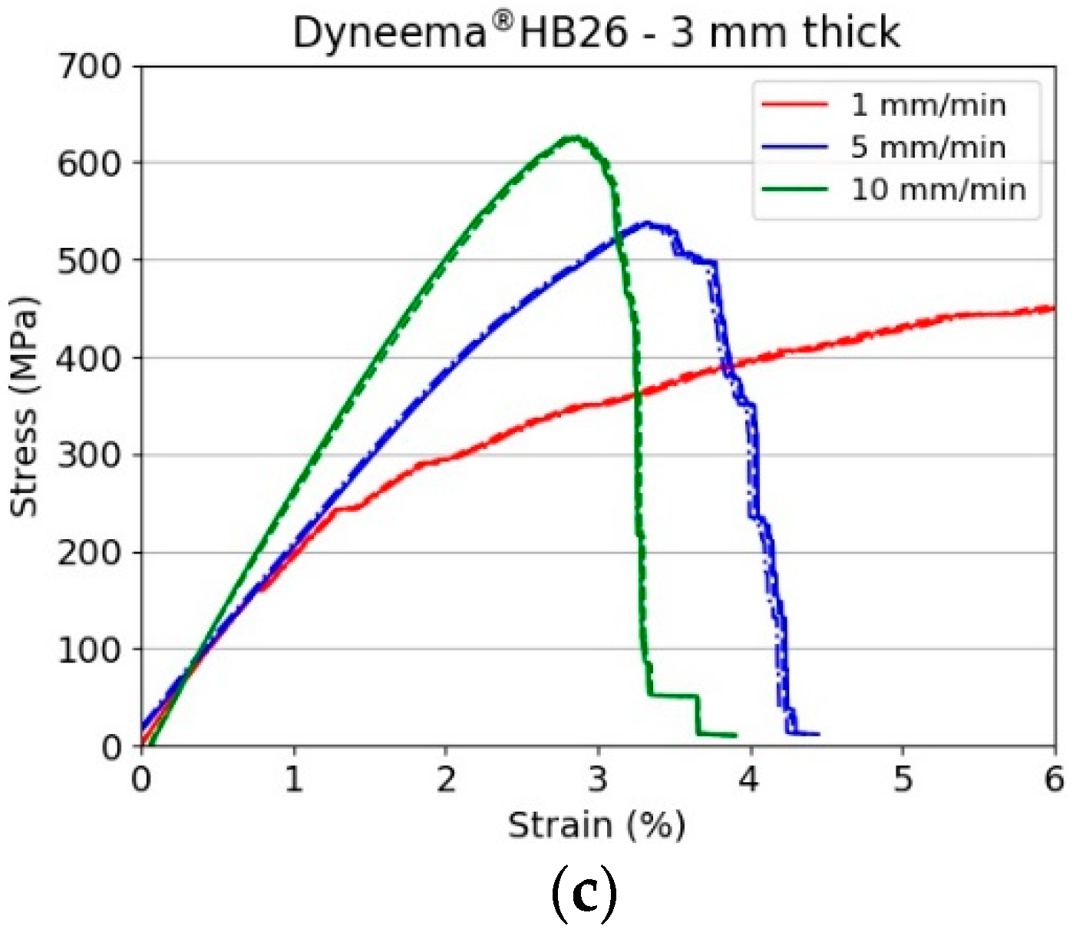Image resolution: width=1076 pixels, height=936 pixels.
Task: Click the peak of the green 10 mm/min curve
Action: [574, 138]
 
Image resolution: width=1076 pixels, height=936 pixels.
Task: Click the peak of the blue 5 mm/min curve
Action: [647, 223]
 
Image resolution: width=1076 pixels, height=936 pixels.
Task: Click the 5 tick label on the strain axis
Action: [903, 779]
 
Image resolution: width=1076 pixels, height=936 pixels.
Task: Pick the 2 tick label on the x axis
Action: [446, 779]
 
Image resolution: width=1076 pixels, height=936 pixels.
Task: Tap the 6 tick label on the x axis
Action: [1054, 779]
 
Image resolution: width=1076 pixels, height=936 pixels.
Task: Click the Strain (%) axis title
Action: [596, 826]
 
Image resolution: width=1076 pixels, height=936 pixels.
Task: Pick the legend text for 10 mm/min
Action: [938, 189]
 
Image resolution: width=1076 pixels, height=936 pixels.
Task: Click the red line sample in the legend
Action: [794, 105]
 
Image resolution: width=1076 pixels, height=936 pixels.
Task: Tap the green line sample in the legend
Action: [794, 189]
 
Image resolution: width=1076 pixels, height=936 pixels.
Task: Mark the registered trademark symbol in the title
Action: [502, 22]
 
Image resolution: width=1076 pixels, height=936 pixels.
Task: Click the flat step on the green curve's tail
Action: [674, 696]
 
